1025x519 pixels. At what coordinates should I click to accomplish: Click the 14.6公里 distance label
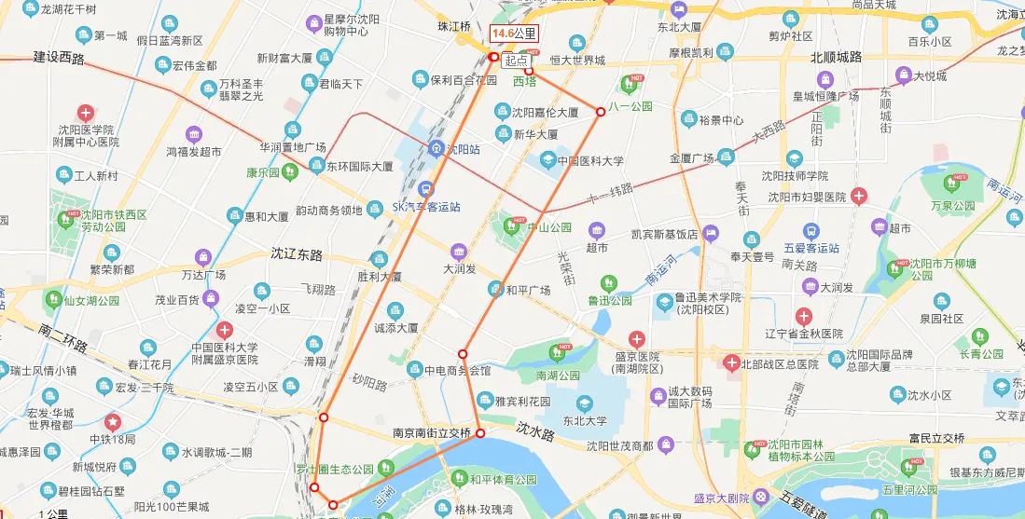(515, 34)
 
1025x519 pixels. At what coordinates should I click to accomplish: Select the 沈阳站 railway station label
(462, 149)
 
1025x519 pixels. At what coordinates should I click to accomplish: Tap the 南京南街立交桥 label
(431, 433)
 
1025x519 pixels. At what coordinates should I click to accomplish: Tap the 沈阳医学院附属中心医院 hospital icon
(85, 112)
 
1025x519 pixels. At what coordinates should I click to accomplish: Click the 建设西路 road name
(59, 59)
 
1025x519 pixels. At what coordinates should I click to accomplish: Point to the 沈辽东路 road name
(296, 253)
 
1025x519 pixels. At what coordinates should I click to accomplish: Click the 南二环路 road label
(63, 338)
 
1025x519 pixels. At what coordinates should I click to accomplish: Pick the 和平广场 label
(528, 290)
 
